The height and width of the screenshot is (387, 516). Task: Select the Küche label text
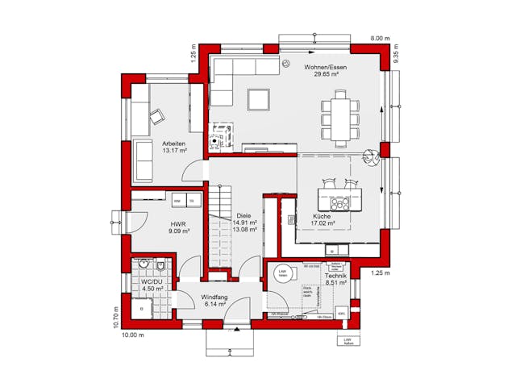(322, 217)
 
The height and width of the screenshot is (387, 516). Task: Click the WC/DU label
(152, 282)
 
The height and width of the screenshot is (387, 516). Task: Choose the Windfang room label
(215, 298)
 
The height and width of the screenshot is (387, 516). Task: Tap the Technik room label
(335, 277)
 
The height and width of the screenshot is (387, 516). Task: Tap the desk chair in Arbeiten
(156, 117)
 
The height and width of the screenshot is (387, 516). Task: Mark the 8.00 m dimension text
(380, 38)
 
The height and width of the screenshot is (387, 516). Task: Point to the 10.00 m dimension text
(132, 334)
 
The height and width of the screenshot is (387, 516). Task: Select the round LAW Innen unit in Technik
(283, 274)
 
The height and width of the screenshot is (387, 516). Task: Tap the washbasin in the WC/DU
(144, 265)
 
